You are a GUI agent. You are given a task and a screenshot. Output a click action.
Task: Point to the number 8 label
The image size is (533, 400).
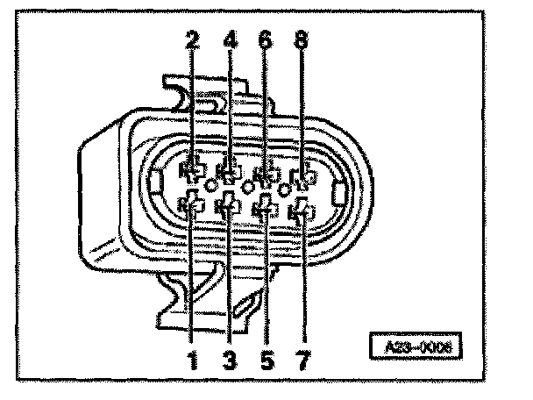tap(302, 41)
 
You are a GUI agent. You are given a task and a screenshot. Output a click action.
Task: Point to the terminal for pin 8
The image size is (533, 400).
tap(303, 178)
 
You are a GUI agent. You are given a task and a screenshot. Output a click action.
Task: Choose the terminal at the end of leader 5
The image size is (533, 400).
tap(264, 209)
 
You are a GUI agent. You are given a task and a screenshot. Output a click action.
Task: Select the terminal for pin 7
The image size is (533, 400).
tap(302, 211)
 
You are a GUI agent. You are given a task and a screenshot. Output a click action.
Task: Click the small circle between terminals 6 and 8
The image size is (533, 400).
tap(284, 189)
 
